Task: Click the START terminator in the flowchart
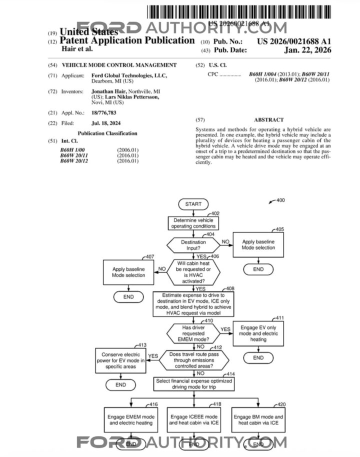tap(193, 204)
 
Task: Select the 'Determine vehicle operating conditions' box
tap(193, 223)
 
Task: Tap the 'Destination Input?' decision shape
tap(193, 245)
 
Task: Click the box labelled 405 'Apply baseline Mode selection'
tap(258, 244)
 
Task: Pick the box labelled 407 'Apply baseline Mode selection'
tap(128, 272)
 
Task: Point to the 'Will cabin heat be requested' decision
tap(193, 271)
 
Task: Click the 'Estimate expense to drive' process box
tap(193, 304)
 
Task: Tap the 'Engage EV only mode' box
tap(258, 333)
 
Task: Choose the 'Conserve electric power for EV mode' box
tap(120, 360)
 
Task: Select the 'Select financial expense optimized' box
tap(193, 384)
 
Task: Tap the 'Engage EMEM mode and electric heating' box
tap(131, 419)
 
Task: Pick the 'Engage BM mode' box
tap(258, 419)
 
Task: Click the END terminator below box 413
tap(120, 384)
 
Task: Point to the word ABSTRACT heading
tap(268, 120)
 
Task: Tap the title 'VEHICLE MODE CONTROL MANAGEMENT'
tap(119, 65)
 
